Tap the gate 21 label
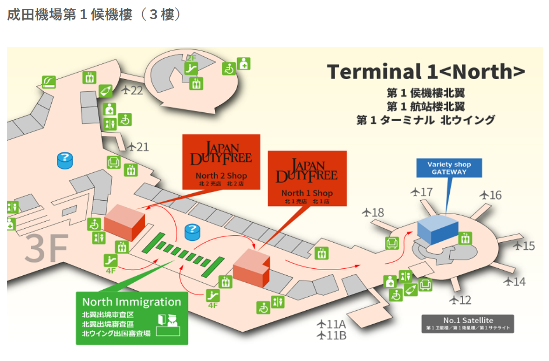coord(138,147)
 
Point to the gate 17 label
coord(422,191)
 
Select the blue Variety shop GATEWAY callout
coord(449,168)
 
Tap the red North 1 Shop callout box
coord(307,178)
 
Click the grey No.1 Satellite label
coord(467,323)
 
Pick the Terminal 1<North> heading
coord(426,72)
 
